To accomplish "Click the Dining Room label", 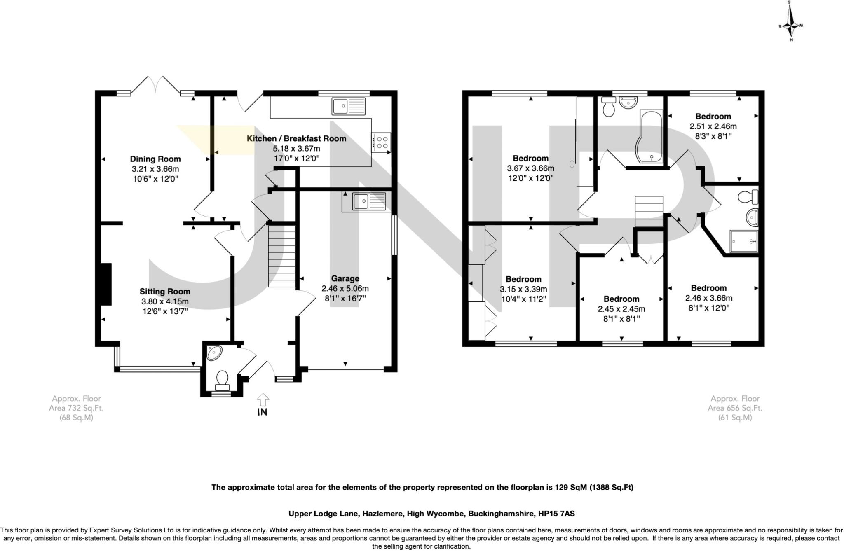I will (x=155, y=159).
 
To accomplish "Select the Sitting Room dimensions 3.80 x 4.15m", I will (x=165, y=301).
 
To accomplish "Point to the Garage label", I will (x=345, y=278).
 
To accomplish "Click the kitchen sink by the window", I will (x=348, y=106).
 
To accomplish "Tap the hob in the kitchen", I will (x=381, y=142).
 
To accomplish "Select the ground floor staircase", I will (x=282, y=255).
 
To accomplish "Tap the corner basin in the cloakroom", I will (x=214, y=353).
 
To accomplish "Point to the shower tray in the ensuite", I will (x=744, y=241).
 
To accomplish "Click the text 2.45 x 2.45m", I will (x=621, y=309).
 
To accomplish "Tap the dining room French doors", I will (x=156, y=85).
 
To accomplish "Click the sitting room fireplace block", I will (x=106, y=284).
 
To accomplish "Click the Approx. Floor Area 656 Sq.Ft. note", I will (x=735, y=408).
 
